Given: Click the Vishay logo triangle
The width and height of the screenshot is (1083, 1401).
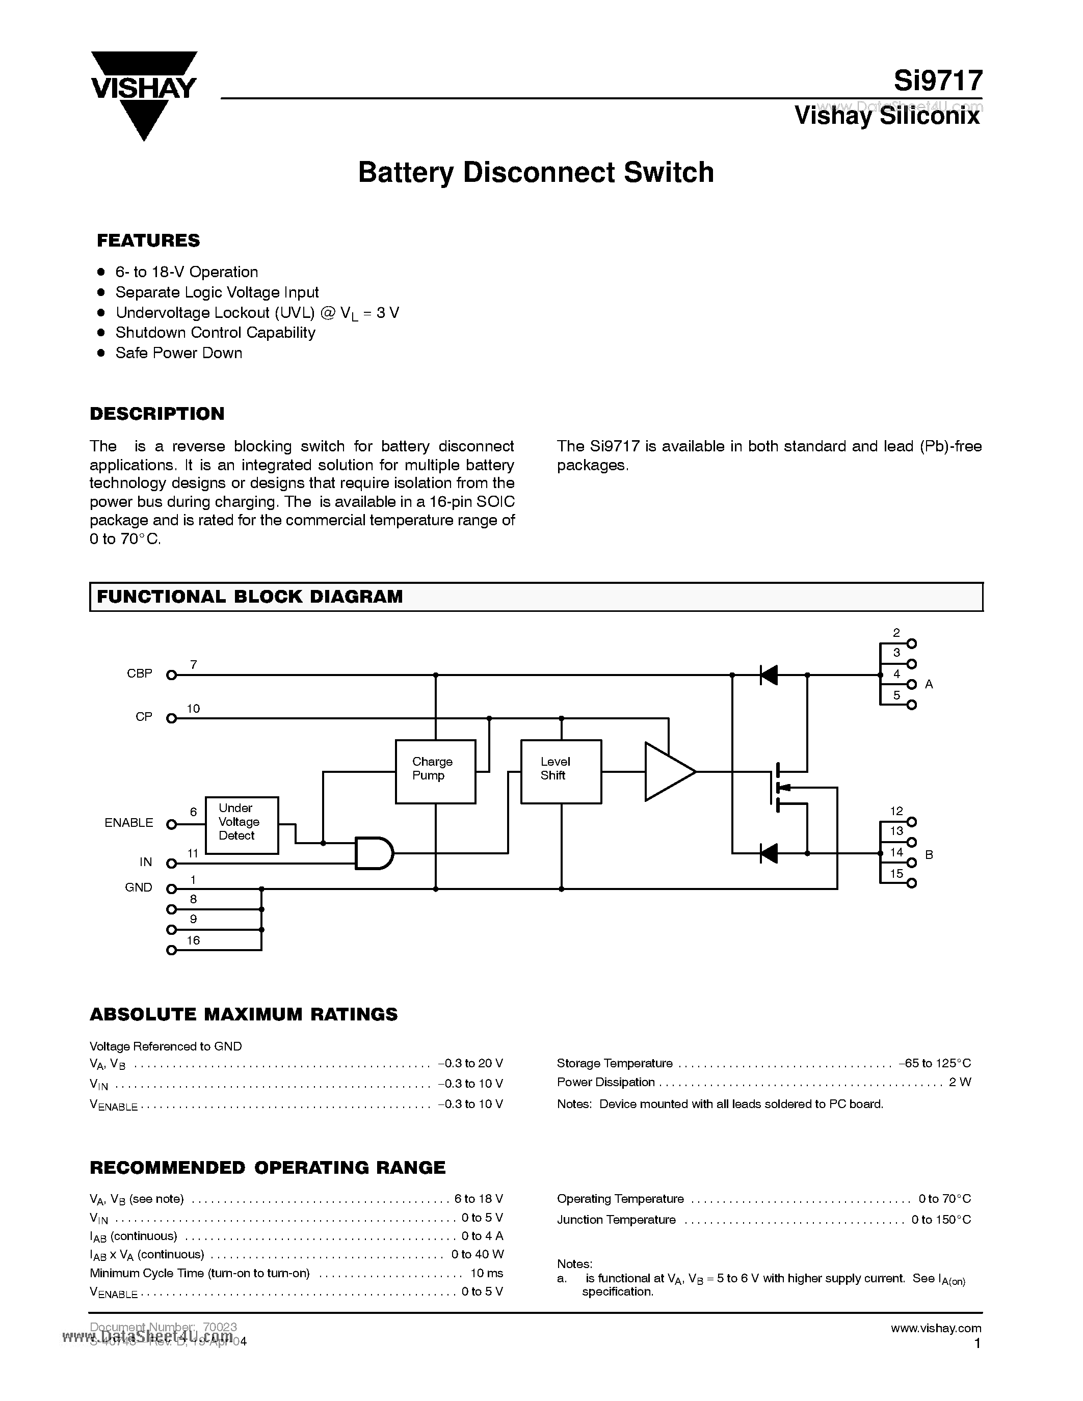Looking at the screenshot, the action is click(144, 96).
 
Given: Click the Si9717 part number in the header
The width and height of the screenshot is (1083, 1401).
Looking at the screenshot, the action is click(937, 81).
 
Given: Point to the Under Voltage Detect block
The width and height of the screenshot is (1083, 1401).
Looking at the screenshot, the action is click(241, 824).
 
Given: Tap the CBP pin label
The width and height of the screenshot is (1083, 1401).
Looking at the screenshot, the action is click(139, 673).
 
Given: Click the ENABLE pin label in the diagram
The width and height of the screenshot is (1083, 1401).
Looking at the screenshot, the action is click(128, 822).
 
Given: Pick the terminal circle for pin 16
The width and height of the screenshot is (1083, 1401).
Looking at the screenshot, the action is click(171, 950).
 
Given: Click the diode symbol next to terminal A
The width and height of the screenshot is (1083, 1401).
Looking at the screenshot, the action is click(768, 675).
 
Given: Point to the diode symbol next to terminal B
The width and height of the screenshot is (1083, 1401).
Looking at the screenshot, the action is click(768, 853).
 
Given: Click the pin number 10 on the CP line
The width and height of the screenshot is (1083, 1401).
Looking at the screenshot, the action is click(193, 708).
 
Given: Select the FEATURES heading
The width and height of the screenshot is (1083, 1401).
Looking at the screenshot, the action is click(148, 240).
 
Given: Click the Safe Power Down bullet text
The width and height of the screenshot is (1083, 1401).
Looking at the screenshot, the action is click(178, 353).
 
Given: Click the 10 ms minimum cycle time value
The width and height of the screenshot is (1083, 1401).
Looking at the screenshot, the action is click(486, 1273).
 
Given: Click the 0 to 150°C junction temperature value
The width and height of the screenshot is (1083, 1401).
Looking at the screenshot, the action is click(941, 1220).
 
